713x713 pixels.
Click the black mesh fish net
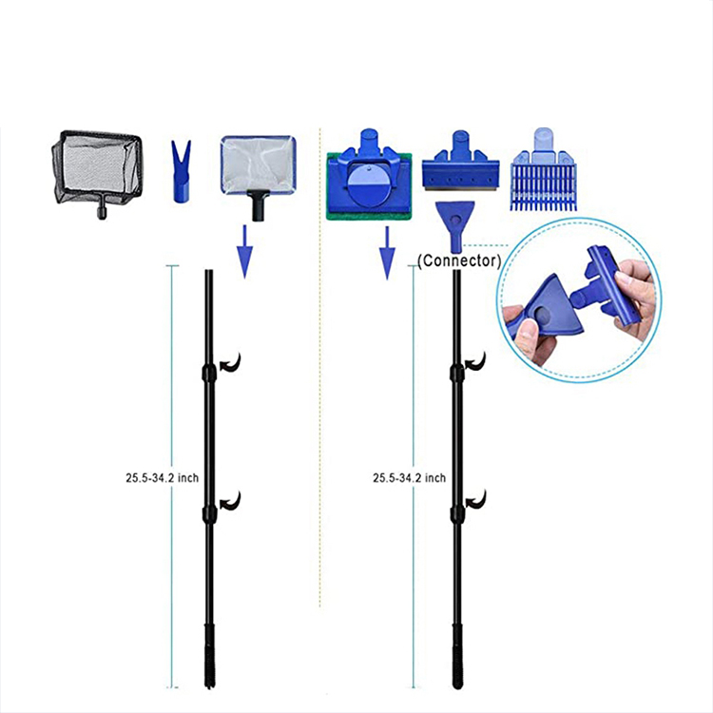[x=96, y=169]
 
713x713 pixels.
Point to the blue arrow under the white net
[x=244, y=252]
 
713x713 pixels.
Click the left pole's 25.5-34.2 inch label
[x=161, y=478]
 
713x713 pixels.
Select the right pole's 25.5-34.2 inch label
[x=409, y=478]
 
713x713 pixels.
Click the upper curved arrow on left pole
[x=230, y=362]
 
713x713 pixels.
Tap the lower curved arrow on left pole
[x=230, y=500]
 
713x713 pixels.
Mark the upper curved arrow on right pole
[x=476, y=362]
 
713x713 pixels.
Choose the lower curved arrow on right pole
[x=476, y=500]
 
